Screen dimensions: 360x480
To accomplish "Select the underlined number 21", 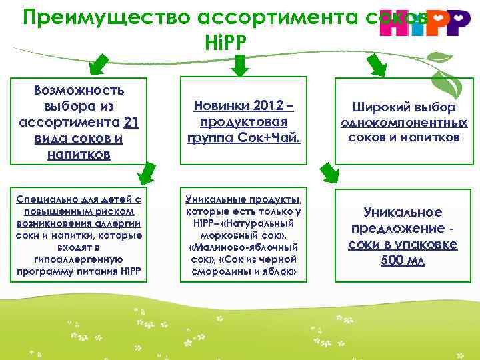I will (131, 122).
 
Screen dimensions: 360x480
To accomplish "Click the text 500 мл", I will (403, 260).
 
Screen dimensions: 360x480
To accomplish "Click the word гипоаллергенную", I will (79, 259).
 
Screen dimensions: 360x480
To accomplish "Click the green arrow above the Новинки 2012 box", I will (241, 64).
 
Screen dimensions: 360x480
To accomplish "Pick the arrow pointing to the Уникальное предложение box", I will (328, 172).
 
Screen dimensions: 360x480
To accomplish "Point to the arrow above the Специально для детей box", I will (146, 172).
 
